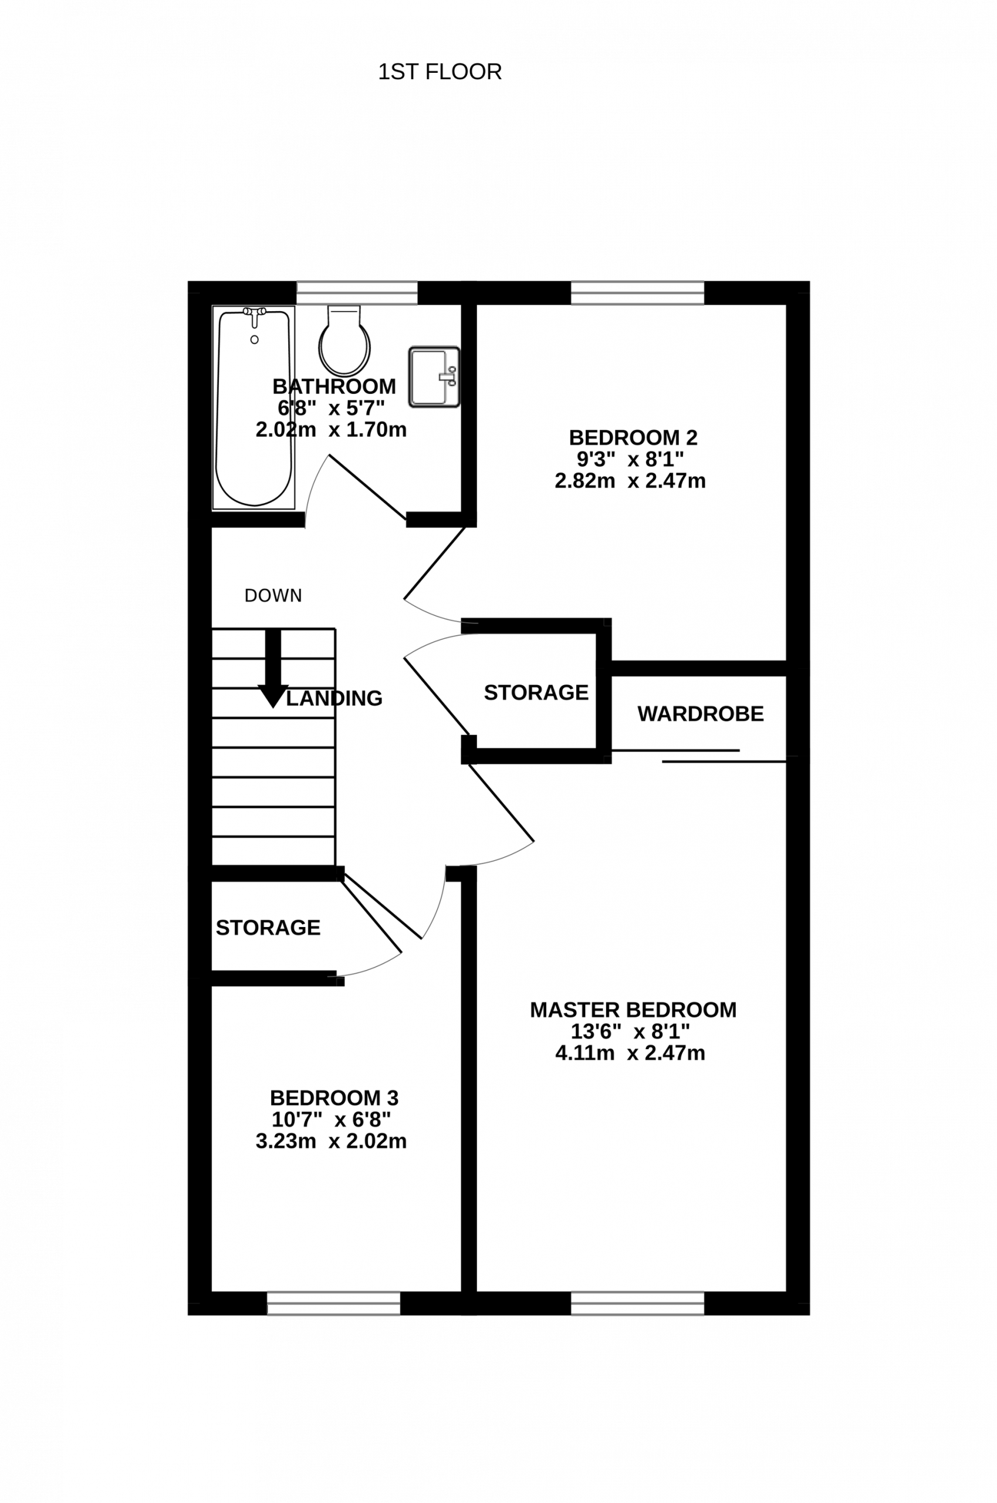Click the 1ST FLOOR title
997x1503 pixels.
(x=440, y=72)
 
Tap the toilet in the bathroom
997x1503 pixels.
(x=344, y=341)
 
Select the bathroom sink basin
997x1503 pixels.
(x=434, y=377)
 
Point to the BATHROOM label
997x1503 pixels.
(x=334, y=386)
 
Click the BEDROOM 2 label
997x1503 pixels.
(x=633, y=437)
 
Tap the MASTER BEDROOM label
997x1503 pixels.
(x=633, y=1010)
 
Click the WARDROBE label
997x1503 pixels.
(x=700, y=714)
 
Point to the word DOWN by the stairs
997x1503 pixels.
(x=273, y=595)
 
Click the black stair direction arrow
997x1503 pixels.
(x=273, y=669)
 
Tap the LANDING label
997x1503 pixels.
(x=334, y=699)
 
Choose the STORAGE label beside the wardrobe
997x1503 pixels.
(x=536, y=692)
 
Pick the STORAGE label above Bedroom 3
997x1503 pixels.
(x=268, y=928)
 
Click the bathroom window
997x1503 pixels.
(x=357, y=293)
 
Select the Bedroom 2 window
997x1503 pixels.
(x=637, y=293)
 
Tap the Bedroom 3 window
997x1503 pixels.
(x=333, y=1303)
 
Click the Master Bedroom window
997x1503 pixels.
(x=637, y=1303)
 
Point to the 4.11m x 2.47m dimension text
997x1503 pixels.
(x=630, y=1053)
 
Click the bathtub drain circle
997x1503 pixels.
(x=254, y=340)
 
